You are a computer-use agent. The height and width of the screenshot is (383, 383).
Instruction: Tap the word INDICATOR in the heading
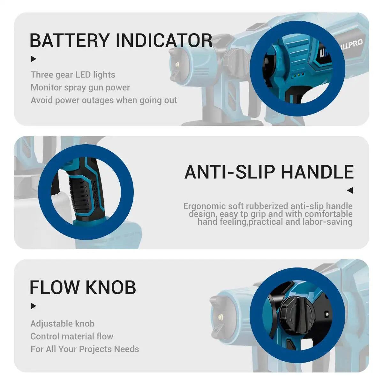[164, 41]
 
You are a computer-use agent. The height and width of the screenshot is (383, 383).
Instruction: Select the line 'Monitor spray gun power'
[80, 87]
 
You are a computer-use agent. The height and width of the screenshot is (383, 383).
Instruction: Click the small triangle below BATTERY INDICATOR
[33, 59]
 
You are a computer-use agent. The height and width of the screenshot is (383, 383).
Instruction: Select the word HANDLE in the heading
[317, 172]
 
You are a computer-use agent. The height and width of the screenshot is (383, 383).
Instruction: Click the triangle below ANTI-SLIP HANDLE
[350, 191]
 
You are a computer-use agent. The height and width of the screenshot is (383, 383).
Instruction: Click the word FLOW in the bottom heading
[55, 287]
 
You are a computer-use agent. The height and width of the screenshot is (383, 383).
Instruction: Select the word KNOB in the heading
[110, 287]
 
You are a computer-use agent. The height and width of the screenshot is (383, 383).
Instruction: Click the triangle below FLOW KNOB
[33, 306]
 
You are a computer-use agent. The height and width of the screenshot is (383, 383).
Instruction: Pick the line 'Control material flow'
[72, 336]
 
